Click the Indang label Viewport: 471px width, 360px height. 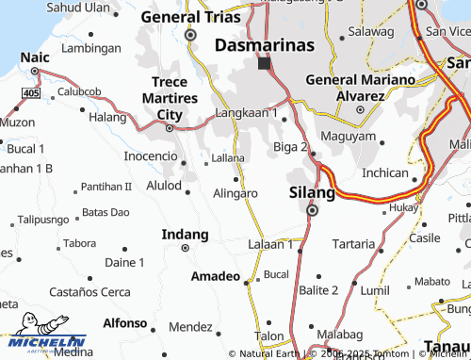pyautogui.click(x=185, y=234)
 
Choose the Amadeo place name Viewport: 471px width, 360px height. pyautogui.click(x=216, y=277)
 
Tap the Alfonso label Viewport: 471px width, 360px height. pyautogui.click(x=125, y=322)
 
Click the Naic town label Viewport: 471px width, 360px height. pyautogui.click(x=36, y=57)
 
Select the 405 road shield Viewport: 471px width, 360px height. pyautogui.click(x=32, y=93)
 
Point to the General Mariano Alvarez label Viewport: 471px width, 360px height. pyautogui.click(x=358, y=88)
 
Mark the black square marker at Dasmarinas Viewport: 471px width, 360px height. pyautogui.click(x=265, y=64)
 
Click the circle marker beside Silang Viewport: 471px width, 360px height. pyautogui.click(x=312, y=211)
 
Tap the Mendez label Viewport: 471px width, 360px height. pyautogui.click(x=190, y=327)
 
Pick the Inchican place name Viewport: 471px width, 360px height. pyautogui.click(x=385, y=173)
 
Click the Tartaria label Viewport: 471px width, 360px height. pyautogui.click(x=354, y=243)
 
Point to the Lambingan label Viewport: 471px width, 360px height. pyautogui.click(x=98, y=47)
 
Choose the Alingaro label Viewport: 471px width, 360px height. pyautogui.click(x=235, y=193)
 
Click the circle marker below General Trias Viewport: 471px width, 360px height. pyautogui.click(x=190, y=35)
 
